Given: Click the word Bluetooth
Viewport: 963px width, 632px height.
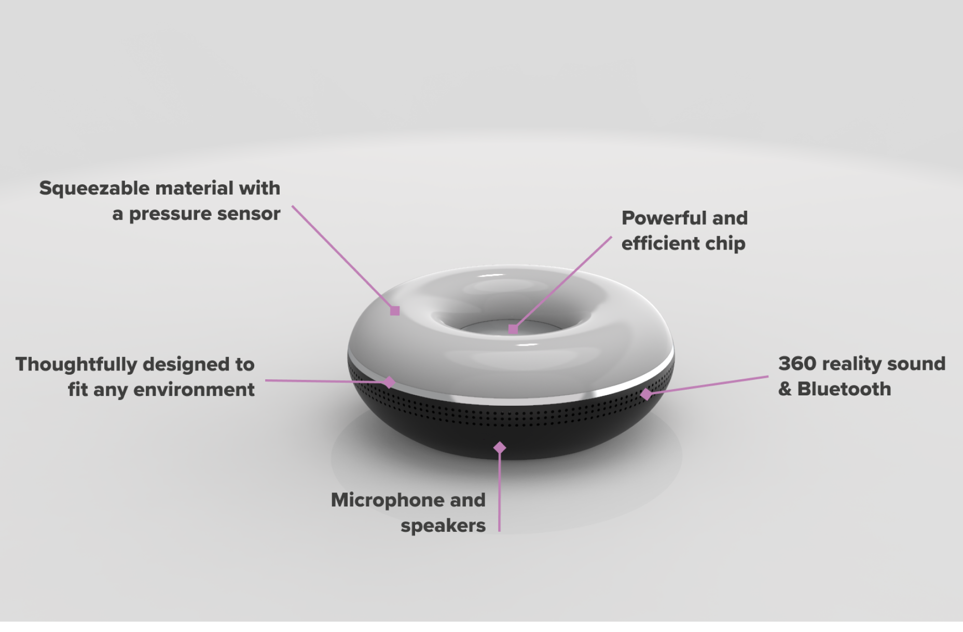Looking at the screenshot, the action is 844,389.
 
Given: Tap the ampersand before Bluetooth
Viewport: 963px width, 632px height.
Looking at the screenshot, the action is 785,389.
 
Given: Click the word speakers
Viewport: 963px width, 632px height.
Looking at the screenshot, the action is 443,526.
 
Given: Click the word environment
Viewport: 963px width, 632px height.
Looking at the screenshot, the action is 194,390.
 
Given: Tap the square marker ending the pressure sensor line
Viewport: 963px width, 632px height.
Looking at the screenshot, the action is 395,311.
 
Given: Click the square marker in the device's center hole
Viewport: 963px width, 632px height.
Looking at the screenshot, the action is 513,329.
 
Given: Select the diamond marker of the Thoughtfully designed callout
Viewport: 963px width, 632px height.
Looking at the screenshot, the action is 389,382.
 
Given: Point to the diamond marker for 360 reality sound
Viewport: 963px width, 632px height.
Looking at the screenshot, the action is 646,394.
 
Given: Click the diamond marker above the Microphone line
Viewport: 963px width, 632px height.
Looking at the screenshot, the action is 500,447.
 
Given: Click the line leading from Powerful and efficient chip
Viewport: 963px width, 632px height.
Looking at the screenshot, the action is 566,280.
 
